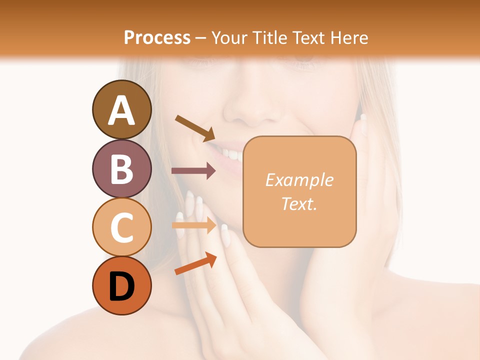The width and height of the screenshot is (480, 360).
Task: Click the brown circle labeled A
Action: pos(121,109)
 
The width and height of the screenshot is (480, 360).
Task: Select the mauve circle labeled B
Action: pos(121,168)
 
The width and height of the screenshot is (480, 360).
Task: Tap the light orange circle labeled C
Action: pos(121,227)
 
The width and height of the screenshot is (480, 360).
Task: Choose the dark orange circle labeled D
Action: pos(121,285)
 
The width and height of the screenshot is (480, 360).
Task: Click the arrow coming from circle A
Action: pos(195,128)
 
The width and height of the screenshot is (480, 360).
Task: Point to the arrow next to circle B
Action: pos(193,171)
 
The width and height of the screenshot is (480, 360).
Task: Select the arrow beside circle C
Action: pos(193,226)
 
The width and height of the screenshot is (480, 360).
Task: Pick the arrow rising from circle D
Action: pos(195,263)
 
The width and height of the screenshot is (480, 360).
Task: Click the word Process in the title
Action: pos(157,37)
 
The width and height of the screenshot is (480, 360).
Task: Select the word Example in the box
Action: pos(299,180)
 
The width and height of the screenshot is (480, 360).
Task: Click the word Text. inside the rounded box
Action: pos(299,203)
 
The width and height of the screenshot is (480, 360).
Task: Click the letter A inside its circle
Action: pos(121,110)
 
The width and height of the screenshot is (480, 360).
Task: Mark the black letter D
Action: pos(121,287)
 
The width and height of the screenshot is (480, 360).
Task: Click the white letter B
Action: pos(121,169)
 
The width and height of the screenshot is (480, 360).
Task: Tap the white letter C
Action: pos(121,227)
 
